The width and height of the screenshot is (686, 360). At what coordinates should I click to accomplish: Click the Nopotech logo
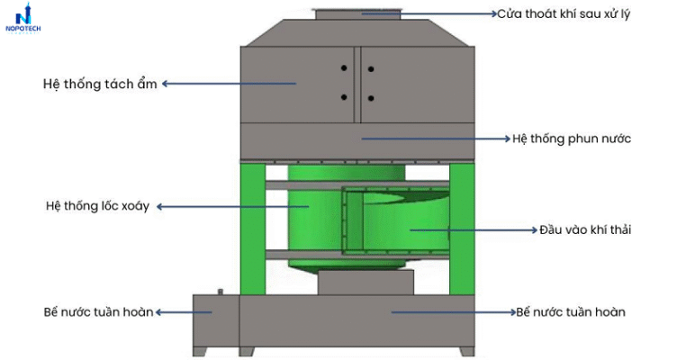23,18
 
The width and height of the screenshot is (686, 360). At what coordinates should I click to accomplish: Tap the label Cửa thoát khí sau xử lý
564,14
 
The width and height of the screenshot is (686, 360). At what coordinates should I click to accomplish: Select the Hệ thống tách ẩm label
100,84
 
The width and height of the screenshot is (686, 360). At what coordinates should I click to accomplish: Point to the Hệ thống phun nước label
572,139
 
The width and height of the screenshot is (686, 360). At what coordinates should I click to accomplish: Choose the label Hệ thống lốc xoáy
97,205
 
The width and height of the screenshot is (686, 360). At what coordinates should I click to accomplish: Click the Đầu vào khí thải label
585,229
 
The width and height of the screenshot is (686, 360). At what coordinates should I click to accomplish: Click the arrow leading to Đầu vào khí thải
474,230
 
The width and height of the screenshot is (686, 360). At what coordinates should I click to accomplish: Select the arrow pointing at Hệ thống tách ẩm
230,84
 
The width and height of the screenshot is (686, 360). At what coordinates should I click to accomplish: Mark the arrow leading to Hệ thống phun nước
437,139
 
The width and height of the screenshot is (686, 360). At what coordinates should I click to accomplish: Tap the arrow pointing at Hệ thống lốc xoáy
233,206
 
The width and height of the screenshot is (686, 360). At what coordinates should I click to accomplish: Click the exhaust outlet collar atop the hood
358,14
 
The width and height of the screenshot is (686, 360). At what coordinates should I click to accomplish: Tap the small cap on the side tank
220,292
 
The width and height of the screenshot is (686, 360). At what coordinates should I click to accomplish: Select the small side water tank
216,320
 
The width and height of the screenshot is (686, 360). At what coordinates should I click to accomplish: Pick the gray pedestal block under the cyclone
366,282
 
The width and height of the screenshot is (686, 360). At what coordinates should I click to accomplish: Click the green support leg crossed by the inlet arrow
462,229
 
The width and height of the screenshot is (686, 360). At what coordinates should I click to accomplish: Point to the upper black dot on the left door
344,67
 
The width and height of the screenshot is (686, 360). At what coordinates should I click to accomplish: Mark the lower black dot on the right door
371,98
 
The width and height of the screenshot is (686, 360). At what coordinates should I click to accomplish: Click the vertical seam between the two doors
357,85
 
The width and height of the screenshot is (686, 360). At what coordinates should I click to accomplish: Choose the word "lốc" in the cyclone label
111,205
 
